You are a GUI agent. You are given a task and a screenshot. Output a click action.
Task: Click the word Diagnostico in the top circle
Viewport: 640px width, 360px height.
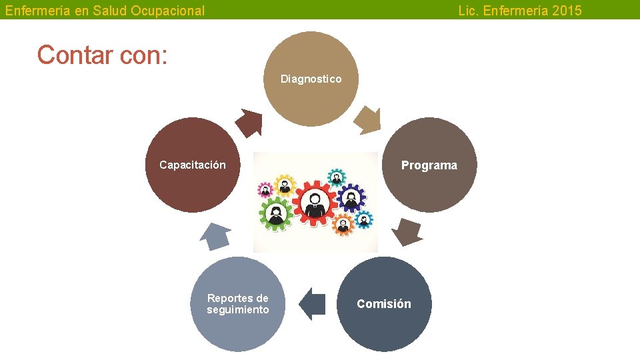[x=311, y=79]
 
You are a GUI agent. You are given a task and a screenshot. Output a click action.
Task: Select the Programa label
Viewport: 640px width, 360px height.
[x=429, y=165]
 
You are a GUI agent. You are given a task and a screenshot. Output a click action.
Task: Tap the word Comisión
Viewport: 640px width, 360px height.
[x=383, y=304]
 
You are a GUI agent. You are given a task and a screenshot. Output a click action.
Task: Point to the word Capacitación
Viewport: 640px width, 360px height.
[x=192, y=165]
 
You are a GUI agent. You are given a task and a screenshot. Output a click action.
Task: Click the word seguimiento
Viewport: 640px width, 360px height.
[x=238, y=310]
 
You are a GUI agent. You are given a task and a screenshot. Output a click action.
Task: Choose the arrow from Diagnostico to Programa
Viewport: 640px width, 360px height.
[x=367, y=121]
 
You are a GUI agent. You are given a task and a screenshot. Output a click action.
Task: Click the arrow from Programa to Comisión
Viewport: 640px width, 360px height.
[x=406, y=232]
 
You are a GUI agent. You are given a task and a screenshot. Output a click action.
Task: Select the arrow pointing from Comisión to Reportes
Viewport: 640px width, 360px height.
[x=311, y=304]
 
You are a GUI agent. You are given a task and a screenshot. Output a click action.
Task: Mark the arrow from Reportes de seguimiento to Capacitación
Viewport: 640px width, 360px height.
[x=215, y=235]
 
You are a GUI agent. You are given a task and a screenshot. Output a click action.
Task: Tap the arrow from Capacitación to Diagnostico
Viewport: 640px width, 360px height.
[x=250, y=122]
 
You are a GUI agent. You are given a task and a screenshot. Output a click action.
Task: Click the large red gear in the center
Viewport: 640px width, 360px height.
[x=315, y=202]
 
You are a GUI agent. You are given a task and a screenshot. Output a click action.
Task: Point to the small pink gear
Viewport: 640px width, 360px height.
[x=265, y=191]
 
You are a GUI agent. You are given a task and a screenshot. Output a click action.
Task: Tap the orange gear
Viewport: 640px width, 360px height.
[x=343, y=225]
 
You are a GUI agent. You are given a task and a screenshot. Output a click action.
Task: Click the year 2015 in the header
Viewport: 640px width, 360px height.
[x=567, y=11]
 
